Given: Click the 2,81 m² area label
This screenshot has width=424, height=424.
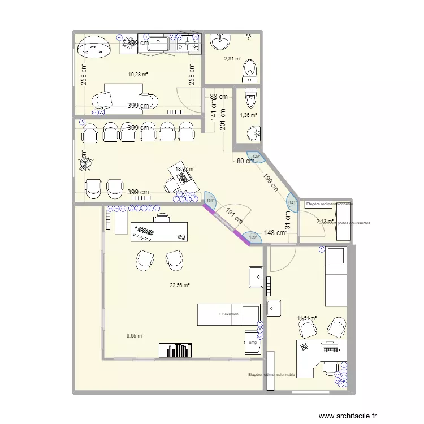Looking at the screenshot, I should pyautogui.click(x=232, y=58).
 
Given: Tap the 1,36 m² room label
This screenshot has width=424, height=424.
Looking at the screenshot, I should pyautogui.click(x=248, y=115).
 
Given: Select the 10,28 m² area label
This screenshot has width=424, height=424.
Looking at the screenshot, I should pyautogui.click(x=138, y=74).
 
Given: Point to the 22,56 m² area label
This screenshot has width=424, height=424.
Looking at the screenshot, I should pyautogui.click(x=179, y=285).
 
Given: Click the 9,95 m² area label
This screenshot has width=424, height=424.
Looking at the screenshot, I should pyautogui.click(x=135, y=336).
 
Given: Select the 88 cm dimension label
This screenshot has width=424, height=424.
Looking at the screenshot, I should pyautogui.click(x=219, y=97).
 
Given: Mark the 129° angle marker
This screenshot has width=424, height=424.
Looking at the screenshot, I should pyautogui.click(x=256, y=157).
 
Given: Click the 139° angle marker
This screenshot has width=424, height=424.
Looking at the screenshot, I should pyautogui.click(x=253, y=237).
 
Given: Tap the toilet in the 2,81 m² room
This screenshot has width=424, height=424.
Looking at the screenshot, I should pyautogui.click(x=249, y=70).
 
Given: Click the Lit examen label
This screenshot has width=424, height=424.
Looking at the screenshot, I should pyautogui.click(x=229, y=314).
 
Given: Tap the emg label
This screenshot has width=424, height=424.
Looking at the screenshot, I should pyautogui.click(x=252, y=343).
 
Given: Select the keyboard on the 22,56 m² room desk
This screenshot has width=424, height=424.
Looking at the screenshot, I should pyautogui.click(x=146, y=231).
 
